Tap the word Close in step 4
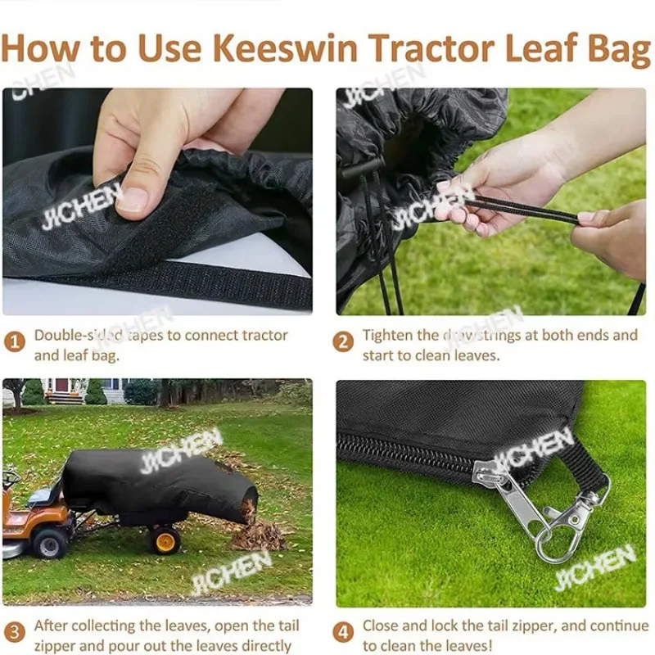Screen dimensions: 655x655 coord(382,626)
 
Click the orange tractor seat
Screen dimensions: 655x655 coord(45,495)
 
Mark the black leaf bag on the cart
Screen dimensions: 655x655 coord(156,487)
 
